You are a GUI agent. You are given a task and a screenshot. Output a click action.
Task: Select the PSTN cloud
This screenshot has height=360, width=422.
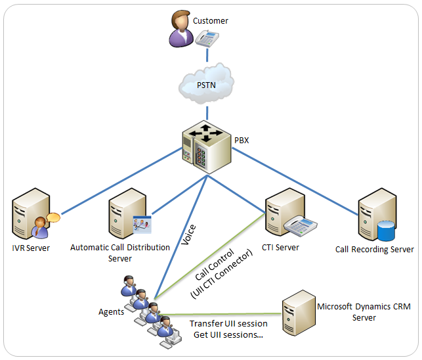coord(206,84)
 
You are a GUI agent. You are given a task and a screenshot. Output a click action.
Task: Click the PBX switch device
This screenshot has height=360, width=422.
coord(207,146)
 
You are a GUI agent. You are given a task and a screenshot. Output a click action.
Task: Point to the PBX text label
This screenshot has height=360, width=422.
coord(243,140)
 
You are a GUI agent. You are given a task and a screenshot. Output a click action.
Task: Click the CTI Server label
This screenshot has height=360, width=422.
coord(280,248)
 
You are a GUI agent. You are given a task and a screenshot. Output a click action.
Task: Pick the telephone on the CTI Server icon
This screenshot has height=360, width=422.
coord(301,225)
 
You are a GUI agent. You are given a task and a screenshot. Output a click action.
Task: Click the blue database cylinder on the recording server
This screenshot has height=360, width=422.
coord(386,231)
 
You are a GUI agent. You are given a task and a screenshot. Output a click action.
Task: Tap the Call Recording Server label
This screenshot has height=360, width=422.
coord(374,250)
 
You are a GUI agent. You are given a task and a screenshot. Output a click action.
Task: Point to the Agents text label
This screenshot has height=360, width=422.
coord(111,312)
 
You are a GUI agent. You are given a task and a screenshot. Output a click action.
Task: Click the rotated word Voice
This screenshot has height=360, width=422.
coord(188,235)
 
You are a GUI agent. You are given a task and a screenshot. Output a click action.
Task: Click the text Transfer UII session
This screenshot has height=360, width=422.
coord(228,324)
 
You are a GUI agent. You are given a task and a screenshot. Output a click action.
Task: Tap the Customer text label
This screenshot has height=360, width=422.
coord(211,21)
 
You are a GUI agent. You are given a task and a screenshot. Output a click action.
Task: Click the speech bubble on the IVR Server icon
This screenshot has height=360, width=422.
coord(53,217)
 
